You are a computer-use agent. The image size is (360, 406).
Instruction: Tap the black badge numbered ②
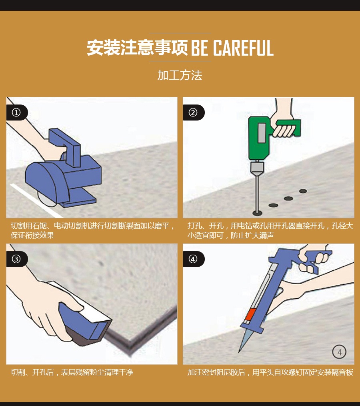tap(194, 113)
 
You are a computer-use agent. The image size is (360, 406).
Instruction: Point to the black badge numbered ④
tap(194, 259)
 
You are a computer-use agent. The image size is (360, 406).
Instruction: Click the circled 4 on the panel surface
tap(339, 352)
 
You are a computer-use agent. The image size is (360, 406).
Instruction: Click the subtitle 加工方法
tap(180, 75)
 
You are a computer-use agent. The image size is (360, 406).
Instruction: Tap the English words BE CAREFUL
tap(232, 48)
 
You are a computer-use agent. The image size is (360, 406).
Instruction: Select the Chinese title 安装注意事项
tap(137, 48)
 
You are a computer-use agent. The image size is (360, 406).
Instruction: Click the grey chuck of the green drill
tap(257, 168)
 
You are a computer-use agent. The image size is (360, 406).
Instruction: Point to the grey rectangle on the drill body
tap(262, 133)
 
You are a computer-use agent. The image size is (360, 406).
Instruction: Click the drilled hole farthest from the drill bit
tap(303, 191)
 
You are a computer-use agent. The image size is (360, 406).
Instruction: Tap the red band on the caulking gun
tap(250, 314)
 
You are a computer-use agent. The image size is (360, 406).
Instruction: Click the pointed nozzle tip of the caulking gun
tap(239, 352)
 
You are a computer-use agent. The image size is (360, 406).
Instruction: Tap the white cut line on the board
tap(36, 201)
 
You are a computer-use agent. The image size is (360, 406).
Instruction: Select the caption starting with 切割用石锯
tap(92, 231)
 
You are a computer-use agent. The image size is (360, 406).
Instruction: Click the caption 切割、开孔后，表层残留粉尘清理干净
tap(72, 372)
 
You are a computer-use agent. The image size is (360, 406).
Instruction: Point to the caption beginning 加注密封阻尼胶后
tap(270, 372)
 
